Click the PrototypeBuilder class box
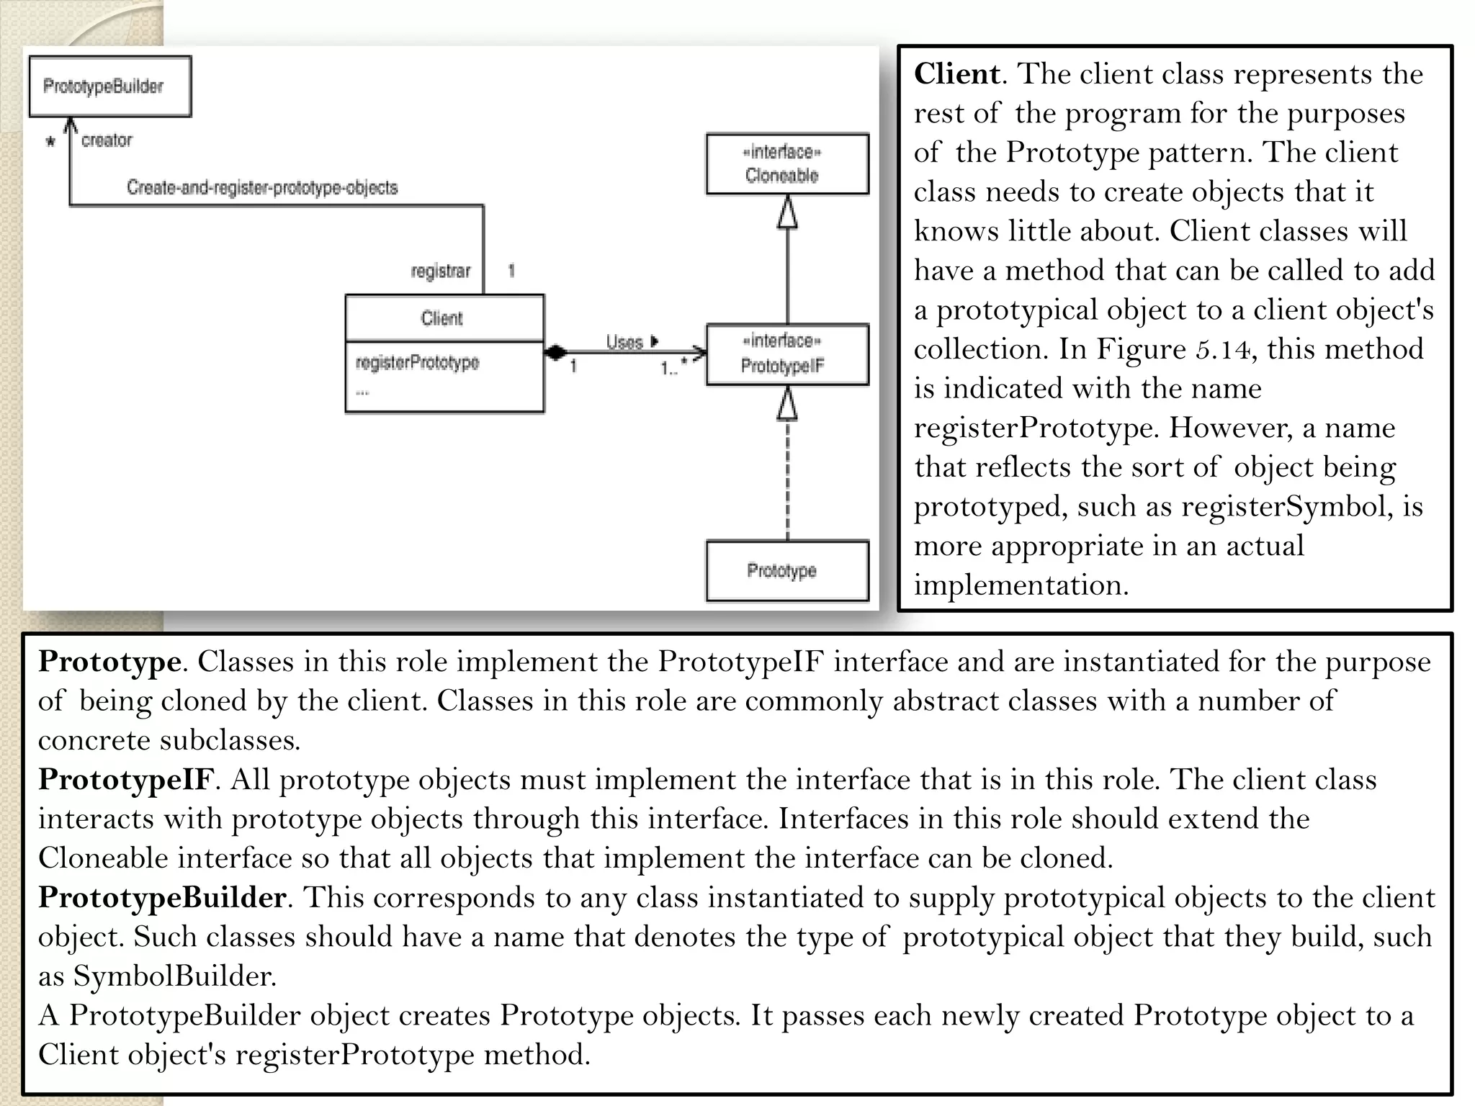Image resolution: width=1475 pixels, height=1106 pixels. coord(109,86)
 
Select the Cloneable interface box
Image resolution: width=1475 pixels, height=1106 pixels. coord(786,164)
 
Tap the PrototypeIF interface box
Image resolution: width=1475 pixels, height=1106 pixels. coord(786,354)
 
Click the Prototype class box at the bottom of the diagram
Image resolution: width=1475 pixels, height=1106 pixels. coord(786,571)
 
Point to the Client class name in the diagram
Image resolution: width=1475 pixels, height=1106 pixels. coord(442,318)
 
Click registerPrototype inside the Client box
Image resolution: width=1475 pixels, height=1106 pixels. coord(417,362)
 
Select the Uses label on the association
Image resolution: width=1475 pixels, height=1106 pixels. coord(624,342)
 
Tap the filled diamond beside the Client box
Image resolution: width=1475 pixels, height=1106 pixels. coord(556,353)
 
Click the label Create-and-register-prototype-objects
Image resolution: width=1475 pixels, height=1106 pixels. coord(262,188)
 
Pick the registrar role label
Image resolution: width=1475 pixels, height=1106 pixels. coord(440,271)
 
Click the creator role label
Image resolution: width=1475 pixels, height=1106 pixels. coord(107,140)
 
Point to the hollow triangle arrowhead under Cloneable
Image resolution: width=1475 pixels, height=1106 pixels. coord(787,213)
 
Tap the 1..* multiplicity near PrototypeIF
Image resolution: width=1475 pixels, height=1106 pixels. coord(673,369)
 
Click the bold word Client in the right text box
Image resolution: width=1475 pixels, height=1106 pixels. coord(956,74)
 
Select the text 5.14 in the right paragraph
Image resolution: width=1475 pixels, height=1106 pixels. coord(1223,350)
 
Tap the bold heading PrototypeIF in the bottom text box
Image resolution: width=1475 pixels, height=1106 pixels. coord(126,780)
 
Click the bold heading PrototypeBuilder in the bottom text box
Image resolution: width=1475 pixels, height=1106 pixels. coord(162,898)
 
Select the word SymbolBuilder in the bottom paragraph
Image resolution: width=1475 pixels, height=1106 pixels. coord(172,976)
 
